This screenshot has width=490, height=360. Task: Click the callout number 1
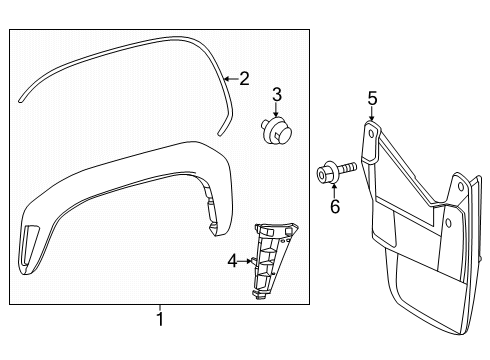tap(159, 320)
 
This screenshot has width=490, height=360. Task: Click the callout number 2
tap(243, 78)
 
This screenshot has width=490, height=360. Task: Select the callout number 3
tap(277, 96)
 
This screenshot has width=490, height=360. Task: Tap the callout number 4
tap(233, 261)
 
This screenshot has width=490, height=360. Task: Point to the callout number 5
tap(371, 98)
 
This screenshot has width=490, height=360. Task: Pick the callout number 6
tap(335, 207)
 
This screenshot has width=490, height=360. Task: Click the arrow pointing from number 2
tap(229, 78)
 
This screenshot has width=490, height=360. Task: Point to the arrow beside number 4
tap(247, 261)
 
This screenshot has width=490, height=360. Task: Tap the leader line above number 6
tap(335, 190)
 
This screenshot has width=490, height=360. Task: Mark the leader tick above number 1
tap(159, 307)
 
